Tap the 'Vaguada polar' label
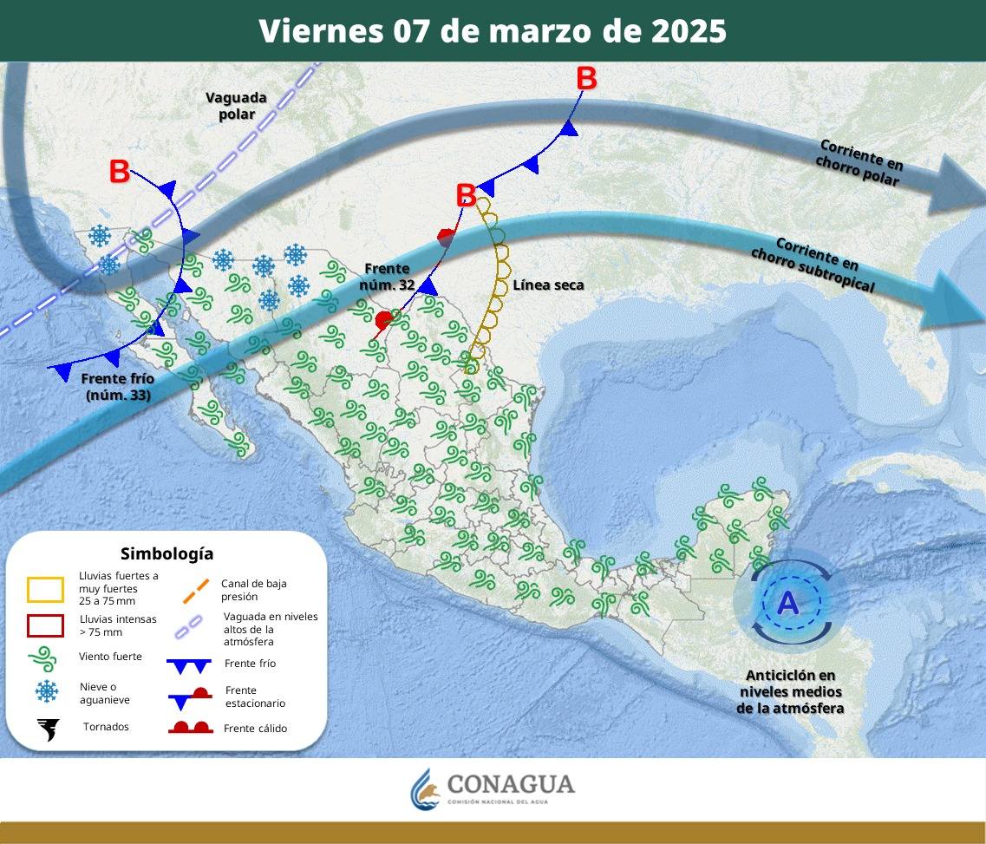tap(236, 106)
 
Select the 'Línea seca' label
tap(548, 285)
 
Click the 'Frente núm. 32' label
tap(387, 276)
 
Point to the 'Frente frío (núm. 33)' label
tap(118, 387)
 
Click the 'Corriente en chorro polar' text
tap(859, 162)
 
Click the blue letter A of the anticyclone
tap(787, 602)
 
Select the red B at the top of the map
tap(586, 79)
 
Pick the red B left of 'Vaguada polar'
tap(120, 172)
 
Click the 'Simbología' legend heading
tap(167, 553)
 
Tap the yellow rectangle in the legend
tap(45, 589)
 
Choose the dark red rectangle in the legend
tap(45, 625)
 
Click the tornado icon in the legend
tap(48, 729)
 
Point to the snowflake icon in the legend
tap(46, 691)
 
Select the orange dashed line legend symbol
tap(196, 590)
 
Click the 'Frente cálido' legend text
tap(255, 729)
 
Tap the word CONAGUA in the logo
tap(510, 784)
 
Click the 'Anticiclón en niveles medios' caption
tap(790, 691)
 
